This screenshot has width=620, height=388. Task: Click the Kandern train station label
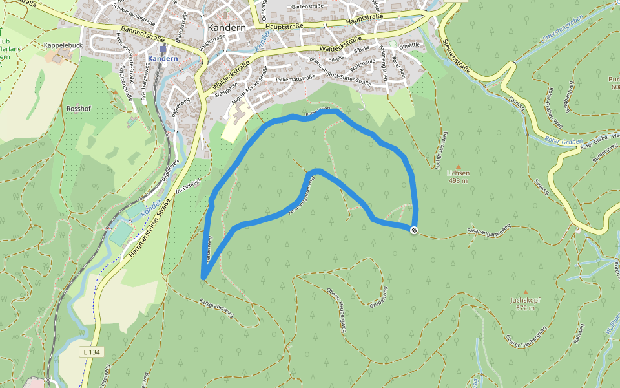pyautogui.click(x=162, y=59)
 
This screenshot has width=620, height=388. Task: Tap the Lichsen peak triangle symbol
pyautogui.click(x=459, y=167)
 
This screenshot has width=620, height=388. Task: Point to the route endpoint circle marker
pyautogui.click(x=413, y=230)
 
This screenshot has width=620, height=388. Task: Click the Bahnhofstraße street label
pyautogui.click(x=143, y=34)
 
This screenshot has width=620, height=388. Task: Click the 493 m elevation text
pyautogui.click(x=459, y=181)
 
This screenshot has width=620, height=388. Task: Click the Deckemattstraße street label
pyautogui.click(x=293, y=78)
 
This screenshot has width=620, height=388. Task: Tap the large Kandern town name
pyautogui.click(x=226, y=28)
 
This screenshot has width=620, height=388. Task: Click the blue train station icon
pyautogui.click(x=163, y=48)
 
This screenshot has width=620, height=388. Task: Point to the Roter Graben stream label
pyautogui.click(x=564, y=140)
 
